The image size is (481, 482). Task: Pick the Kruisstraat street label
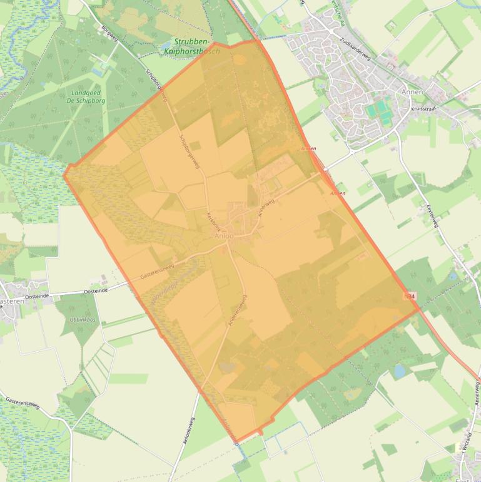tap(423, 108)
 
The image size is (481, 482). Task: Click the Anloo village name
tap(223, 237)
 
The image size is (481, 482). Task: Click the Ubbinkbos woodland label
tap(78, 319)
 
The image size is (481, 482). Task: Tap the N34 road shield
tap(410, 295)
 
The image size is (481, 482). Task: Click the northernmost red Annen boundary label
tap(308, 148)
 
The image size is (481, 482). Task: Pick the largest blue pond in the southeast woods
tap(399, 371)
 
